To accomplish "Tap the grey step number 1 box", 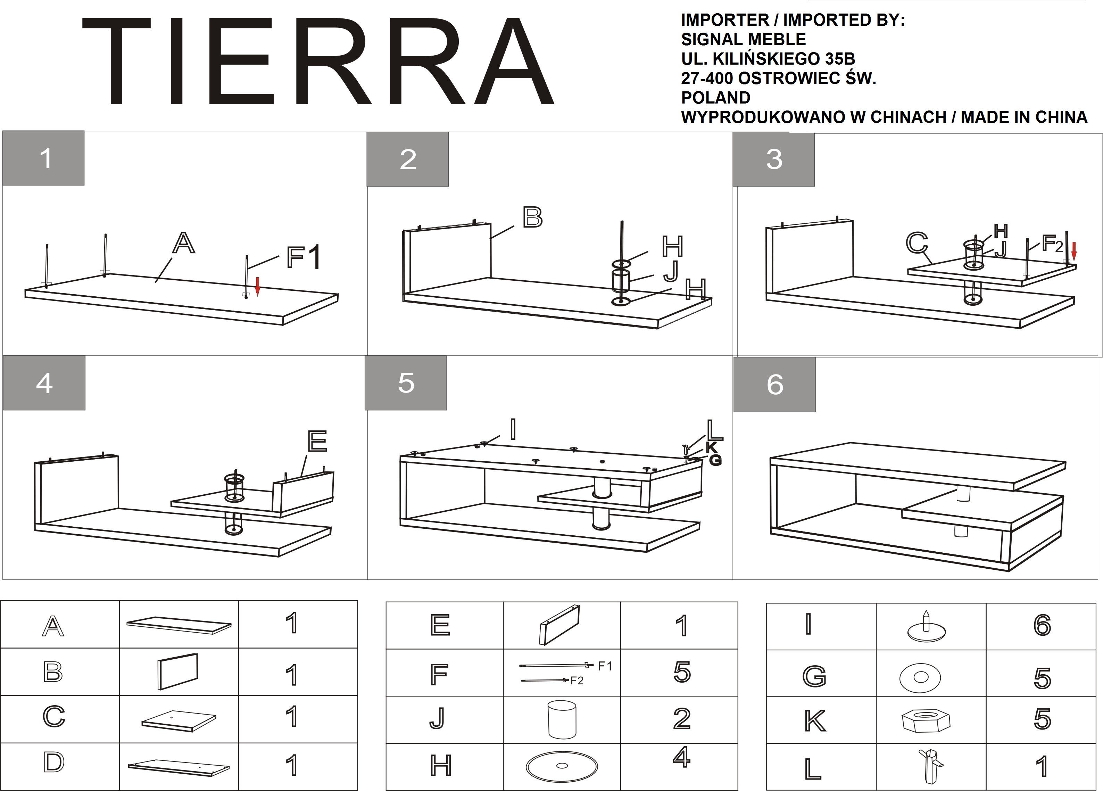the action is (x=43, y=158).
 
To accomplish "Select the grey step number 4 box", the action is (x=44, y=383).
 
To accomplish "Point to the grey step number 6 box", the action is (x=774, y=384).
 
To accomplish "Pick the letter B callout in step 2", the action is (x=532, y=217).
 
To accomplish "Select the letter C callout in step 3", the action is (x=917, y=243).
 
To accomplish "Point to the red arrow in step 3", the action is (x=1074, y=251).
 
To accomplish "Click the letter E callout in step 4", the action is (x=317, y=441).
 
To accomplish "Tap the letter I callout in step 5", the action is (x=513, y=430).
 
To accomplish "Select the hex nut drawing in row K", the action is (x=926, y=720).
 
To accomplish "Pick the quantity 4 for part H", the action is (x=682, y=757).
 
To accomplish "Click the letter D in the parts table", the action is (x=53, y=762).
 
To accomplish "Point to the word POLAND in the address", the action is (x=715, y=98).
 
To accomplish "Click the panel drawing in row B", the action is (x=178, y=671).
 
